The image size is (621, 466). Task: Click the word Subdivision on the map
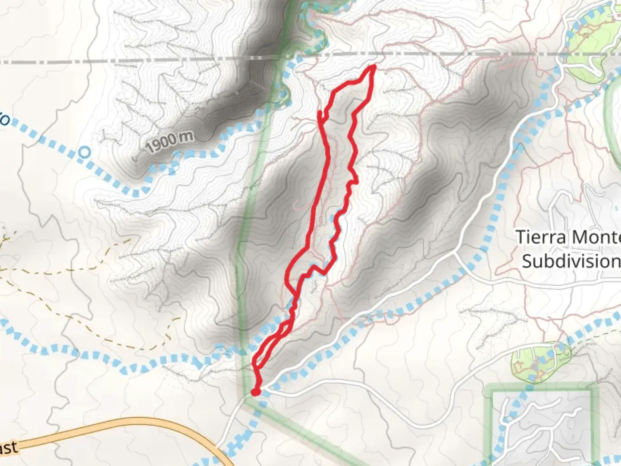pyautogui.click(x=571, y=261)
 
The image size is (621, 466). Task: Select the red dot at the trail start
pyautogui.click(x=256, y=392)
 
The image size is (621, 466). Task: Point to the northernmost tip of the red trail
pyautogui.click(x=373, y=66)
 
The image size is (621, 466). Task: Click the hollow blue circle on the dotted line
pyautogui.click(x=85, y=152)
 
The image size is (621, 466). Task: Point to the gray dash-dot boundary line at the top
pyautogui.click(x=129, y=61)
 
